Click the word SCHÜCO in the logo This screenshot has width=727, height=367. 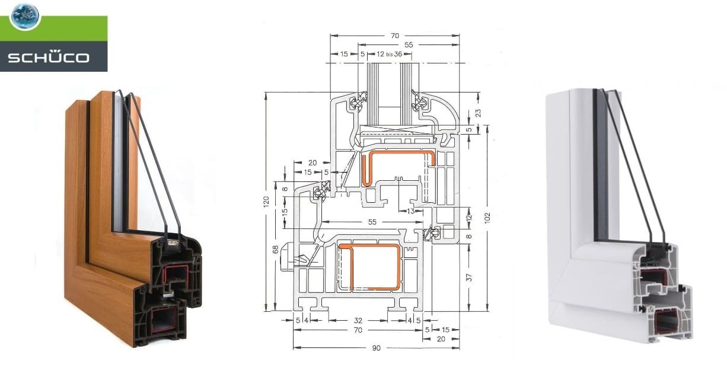(x=49, y=58)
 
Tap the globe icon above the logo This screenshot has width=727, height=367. (x=24, y=16)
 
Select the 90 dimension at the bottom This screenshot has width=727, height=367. (x=376, y=347)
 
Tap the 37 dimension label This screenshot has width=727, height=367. (x=469, y=277)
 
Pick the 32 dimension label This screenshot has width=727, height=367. (x=359, y=320)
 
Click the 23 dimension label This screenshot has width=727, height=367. (x=470, y=112)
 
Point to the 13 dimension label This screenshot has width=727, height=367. (x=411, y=210)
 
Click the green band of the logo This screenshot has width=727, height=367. (x=65, y=28)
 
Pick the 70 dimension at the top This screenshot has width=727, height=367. (x=394, y=35)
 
